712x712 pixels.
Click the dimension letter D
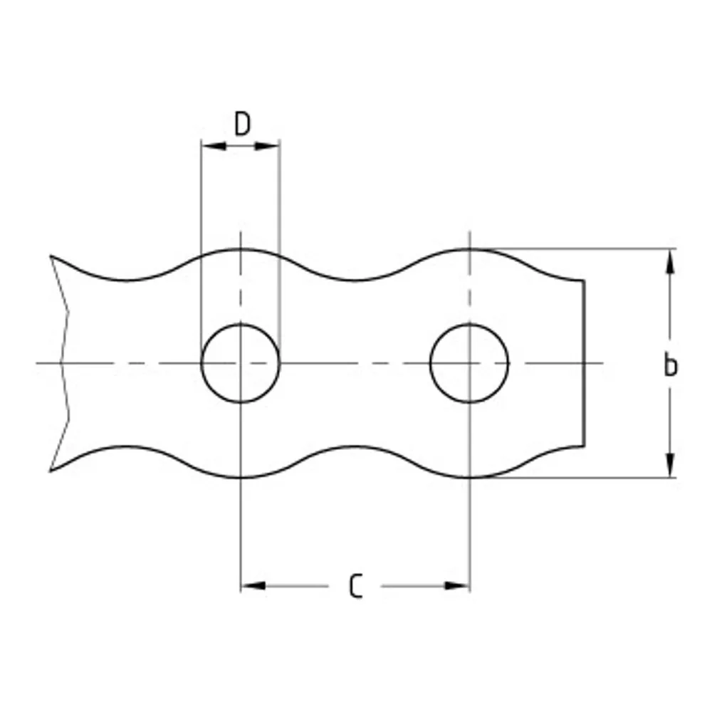coord(242,123)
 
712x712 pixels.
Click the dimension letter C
coord(356,586)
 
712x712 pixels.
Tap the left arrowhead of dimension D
coord(214,146)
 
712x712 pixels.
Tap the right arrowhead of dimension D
coord(268,146)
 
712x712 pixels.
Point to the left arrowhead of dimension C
coord(253,586)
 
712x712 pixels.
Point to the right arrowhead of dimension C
coord(457,586)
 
